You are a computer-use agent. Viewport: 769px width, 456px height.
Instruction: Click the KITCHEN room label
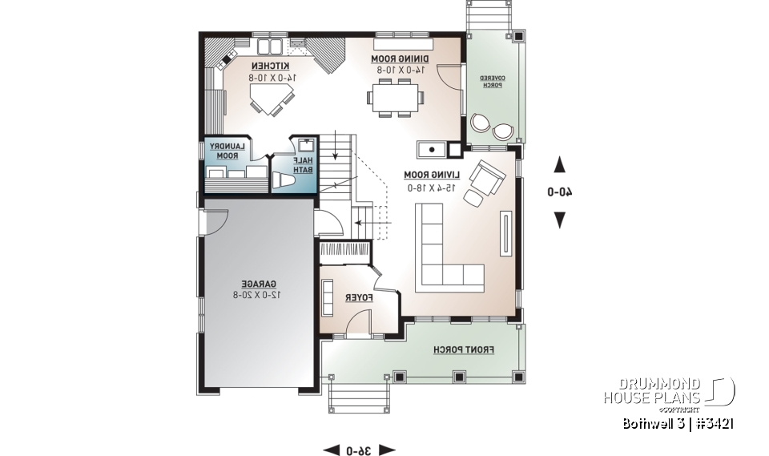click(x=272, y=65)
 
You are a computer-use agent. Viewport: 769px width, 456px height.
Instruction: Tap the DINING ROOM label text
click(x=401, y=59)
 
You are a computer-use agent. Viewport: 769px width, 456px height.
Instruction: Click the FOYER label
click(x=360, y=298)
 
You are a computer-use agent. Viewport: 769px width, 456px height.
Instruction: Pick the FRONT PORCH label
click(x=464, y=350)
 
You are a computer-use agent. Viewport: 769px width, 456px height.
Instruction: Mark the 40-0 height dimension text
click(x=560, y=192)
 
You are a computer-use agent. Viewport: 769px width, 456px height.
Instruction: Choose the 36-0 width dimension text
click(x=358, y=450)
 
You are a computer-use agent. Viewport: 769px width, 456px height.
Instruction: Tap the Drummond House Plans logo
click(x=668, y=391)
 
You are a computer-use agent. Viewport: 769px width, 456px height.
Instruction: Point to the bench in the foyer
click(x=328, y=298)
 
